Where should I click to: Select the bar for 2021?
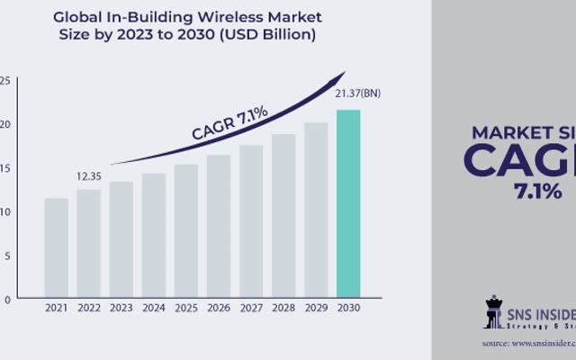click(x=56, y=248)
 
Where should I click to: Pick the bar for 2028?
click(x=283, y=216)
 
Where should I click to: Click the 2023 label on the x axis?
click(x=121, y=309)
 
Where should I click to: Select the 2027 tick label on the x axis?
click(x=251, y=309)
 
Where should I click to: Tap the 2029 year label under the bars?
click(x=316, y=309)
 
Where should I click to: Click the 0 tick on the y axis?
click(x=6, y=298)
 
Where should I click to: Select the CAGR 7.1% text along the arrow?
click(x=229, y=121)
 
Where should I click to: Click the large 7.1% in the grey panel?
click(x=537, y=190)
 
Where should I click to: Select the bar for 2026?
click(x=219, y=226)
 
